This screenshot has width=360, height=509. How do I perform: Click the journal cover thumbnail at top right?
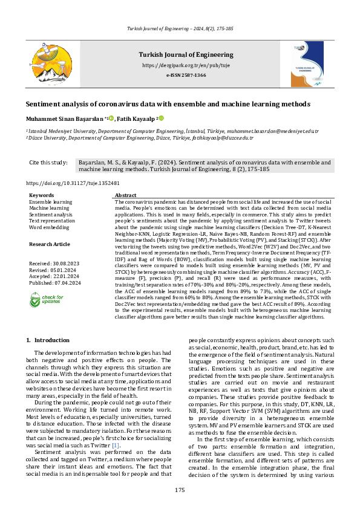coord(301,61)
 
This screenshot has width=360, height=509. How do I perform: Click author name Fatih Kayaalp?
coord(136,119)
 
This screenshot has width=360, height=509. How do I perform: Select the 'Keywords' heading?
coord(42,195)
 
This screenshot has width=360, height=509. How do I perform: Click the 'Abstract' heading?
coord(125,195)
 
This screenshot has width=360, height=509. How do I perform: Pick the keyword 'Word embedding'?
coord(49,227)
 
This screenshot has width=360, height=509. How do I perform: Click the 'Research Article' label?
coord(50,244)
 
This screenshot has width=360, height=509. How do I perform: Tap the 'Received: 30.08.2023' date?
coord(54,264)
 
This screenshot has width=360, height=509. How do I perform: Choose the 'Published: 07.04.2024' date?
coord(54,282)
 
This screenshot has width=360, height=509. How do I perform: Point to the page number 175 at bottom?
coord(180,490)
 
